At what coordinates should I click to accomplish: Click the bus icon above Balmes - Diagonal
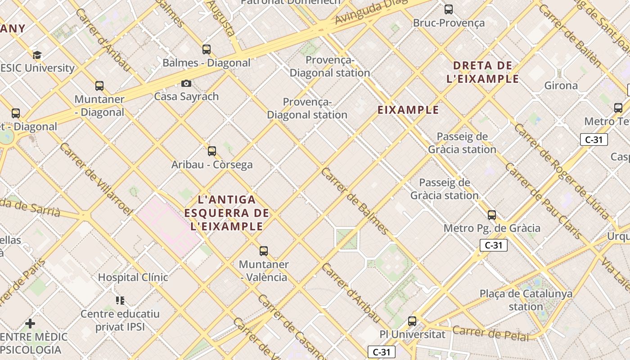pyautogui.click(x=207, y=49)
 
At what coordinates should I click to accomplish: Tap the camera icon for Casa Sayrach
pyautogui.click(x=186, y=83)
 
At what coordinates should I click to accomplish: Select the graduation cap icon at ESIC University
pyautogui.click(x=37, y=55)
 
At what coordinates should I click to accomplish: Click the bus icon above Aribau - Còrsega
pyautogui.click(x=212, y=151)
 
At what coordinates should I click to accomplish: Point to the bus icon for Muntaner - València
pyautogui.click(x=264, y=251)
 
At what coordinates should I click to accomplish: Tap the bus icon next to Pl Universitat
pyautogui.click(x=412, y=321)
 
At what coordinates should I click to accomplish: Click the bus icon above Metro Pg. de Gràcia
pyautogui.click(x=492, y=215)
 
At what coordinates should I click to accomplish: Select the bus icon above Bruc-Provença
pyautogui.click(x=449, y=9)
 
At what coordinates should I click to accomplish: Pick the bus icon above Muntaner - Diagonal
pyautogui.click(x=99, y=86)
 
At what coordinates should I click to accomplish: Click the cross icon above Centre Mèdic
pyautogui.click(x=30, y=324)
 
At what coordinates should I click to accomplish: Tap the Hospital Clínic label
pyautogui.click(x=133, y=277)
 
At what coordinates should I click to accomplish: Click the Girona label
pyautogui.click(x=561, y=85)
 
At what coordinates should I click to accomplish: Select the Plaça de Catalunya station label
pyautogui.click(x=526, y=300)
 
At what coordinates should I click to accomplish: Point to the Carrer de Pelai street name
pyautogui.click(x=490, y=333)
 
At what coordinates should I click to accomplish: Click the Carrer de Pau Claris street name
pyautogui.click(x=542, y=200)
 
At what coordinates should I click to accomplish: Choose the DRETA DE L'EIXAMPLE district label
pyautogui.click(x=482, y=72)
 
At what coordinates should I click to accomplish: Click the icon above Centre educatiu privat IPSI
pyautogui.click(x=120, y=300)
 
